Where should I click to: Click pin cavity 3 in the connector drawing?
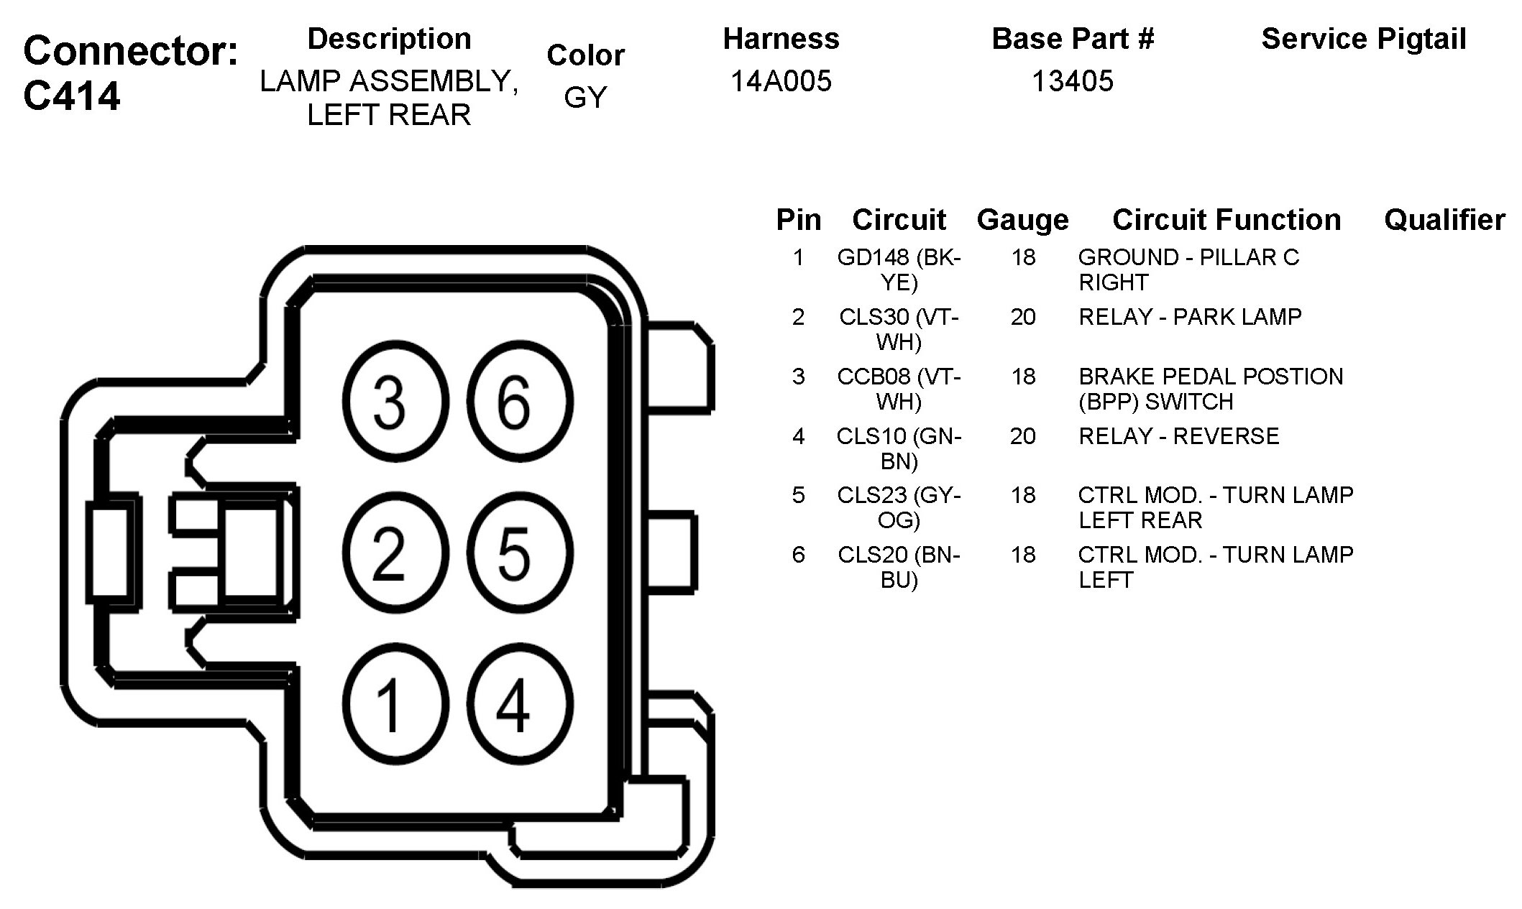395,401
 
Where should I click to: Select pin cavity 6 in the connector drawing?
520,401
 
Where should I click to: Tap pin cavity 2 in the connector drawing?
395,553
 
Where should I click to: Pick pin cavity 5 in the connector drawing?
520,553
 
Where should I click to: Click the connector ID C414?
72,96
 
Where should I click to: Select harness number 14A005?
781,81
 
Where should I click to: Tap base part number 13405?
1072,81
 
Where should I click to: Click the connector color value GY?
585,98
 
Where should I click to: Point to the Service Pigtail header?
1363,39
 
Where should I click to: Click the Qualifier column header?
1444,220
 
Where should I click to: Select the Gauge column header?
1022,220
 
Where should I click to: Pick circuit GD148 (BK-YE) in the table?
899,269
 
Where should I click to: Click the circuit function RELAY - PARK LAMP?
1190,317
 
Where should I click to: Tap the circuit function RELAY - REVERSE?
1179,436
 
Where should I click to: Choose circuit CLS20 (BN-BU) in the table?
899,567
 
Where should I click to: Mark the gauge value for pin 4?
1022,436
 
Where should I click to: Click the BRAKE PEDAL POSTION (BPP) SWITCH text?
1211,389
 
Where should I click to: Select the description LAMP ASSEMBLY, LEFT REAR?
389,98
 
